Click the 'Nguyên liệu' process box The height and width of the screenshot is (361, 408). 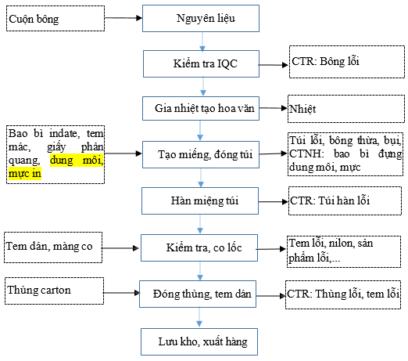[201, 19]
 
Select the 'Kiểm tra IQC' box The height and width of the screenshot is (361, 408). [201, 63]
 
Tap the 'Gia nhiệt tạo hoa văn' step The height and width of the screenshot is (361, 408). [201, 109]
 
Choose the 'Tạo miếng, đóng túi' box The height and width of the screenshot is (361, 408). [201, 154]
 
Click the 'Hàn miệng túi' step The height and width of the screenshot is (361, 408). [200, 200]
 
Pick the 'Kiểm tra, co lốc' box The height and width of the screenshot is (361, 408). [199, 247]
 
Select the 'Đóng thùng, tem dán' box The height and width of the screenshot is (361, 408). [198, 294]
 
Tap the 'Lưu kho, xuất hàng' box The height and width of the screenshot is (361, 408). [199, 341]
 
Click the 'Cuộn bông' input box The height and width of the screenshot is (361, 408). [55, 19]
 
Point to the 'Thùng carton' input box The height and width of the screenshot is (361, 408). [54, 291]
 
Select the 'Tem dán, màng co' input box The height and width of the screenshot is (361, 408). [53, 247]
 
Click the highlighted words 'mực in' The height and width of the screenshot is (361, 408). [25, 174]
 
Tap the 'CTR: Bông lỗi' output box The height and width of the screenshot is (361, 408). [347, 62]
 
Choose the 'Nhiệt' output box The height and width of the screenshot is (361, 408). [346, 109]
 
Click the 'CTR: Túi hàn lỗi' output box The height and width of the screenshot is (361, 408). [345, 200]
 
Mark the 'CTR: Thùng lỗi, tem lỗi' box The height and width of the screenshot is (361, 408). [343, 294]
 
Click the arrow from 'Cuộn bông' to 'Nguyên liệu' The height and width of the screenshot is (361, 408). [123, 18]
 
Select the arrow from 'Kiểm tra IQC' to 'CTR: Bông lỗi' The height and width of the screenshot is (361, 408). [274, 65]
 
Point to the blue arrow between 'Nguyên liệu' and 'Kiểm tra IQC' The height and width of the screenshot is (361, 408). [202, 42]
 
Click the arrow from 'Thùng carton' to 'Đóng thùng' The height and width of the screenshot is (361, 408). [122, 293]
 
